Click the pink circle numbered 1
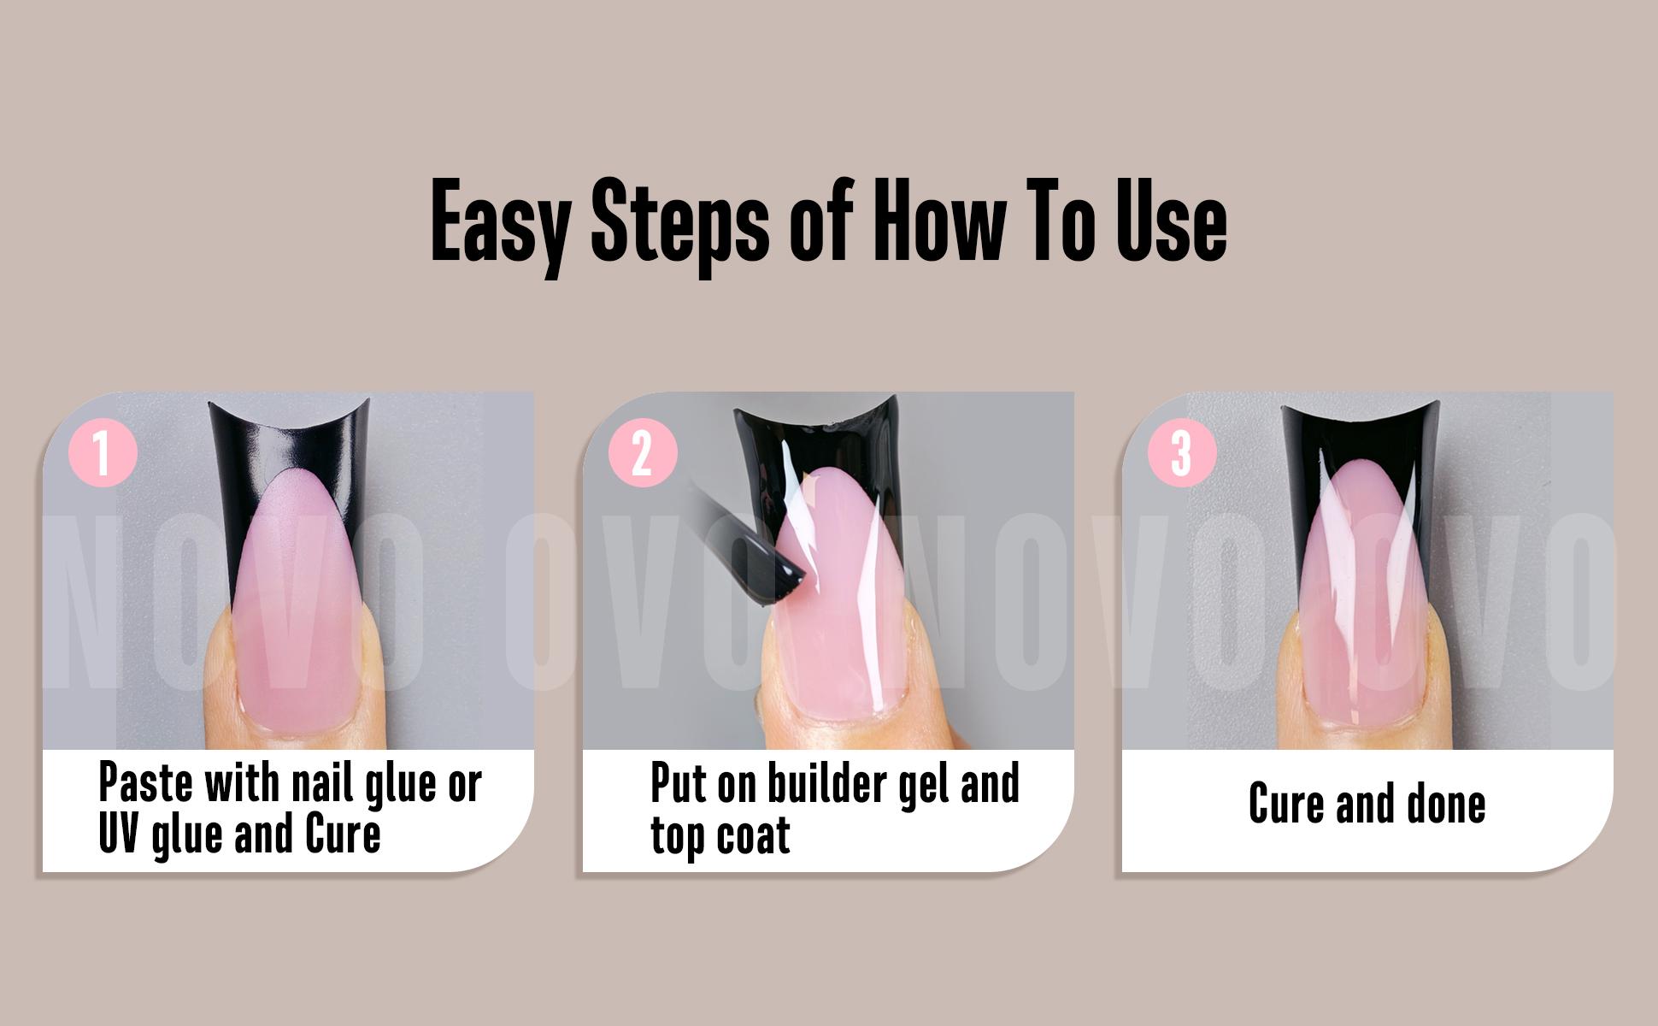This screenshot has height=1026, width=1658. point(103,452)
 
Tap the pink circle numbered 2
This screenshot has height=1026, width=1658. point(642,452)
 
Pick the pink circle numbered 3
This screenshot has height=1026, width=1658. point(1181,452)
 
